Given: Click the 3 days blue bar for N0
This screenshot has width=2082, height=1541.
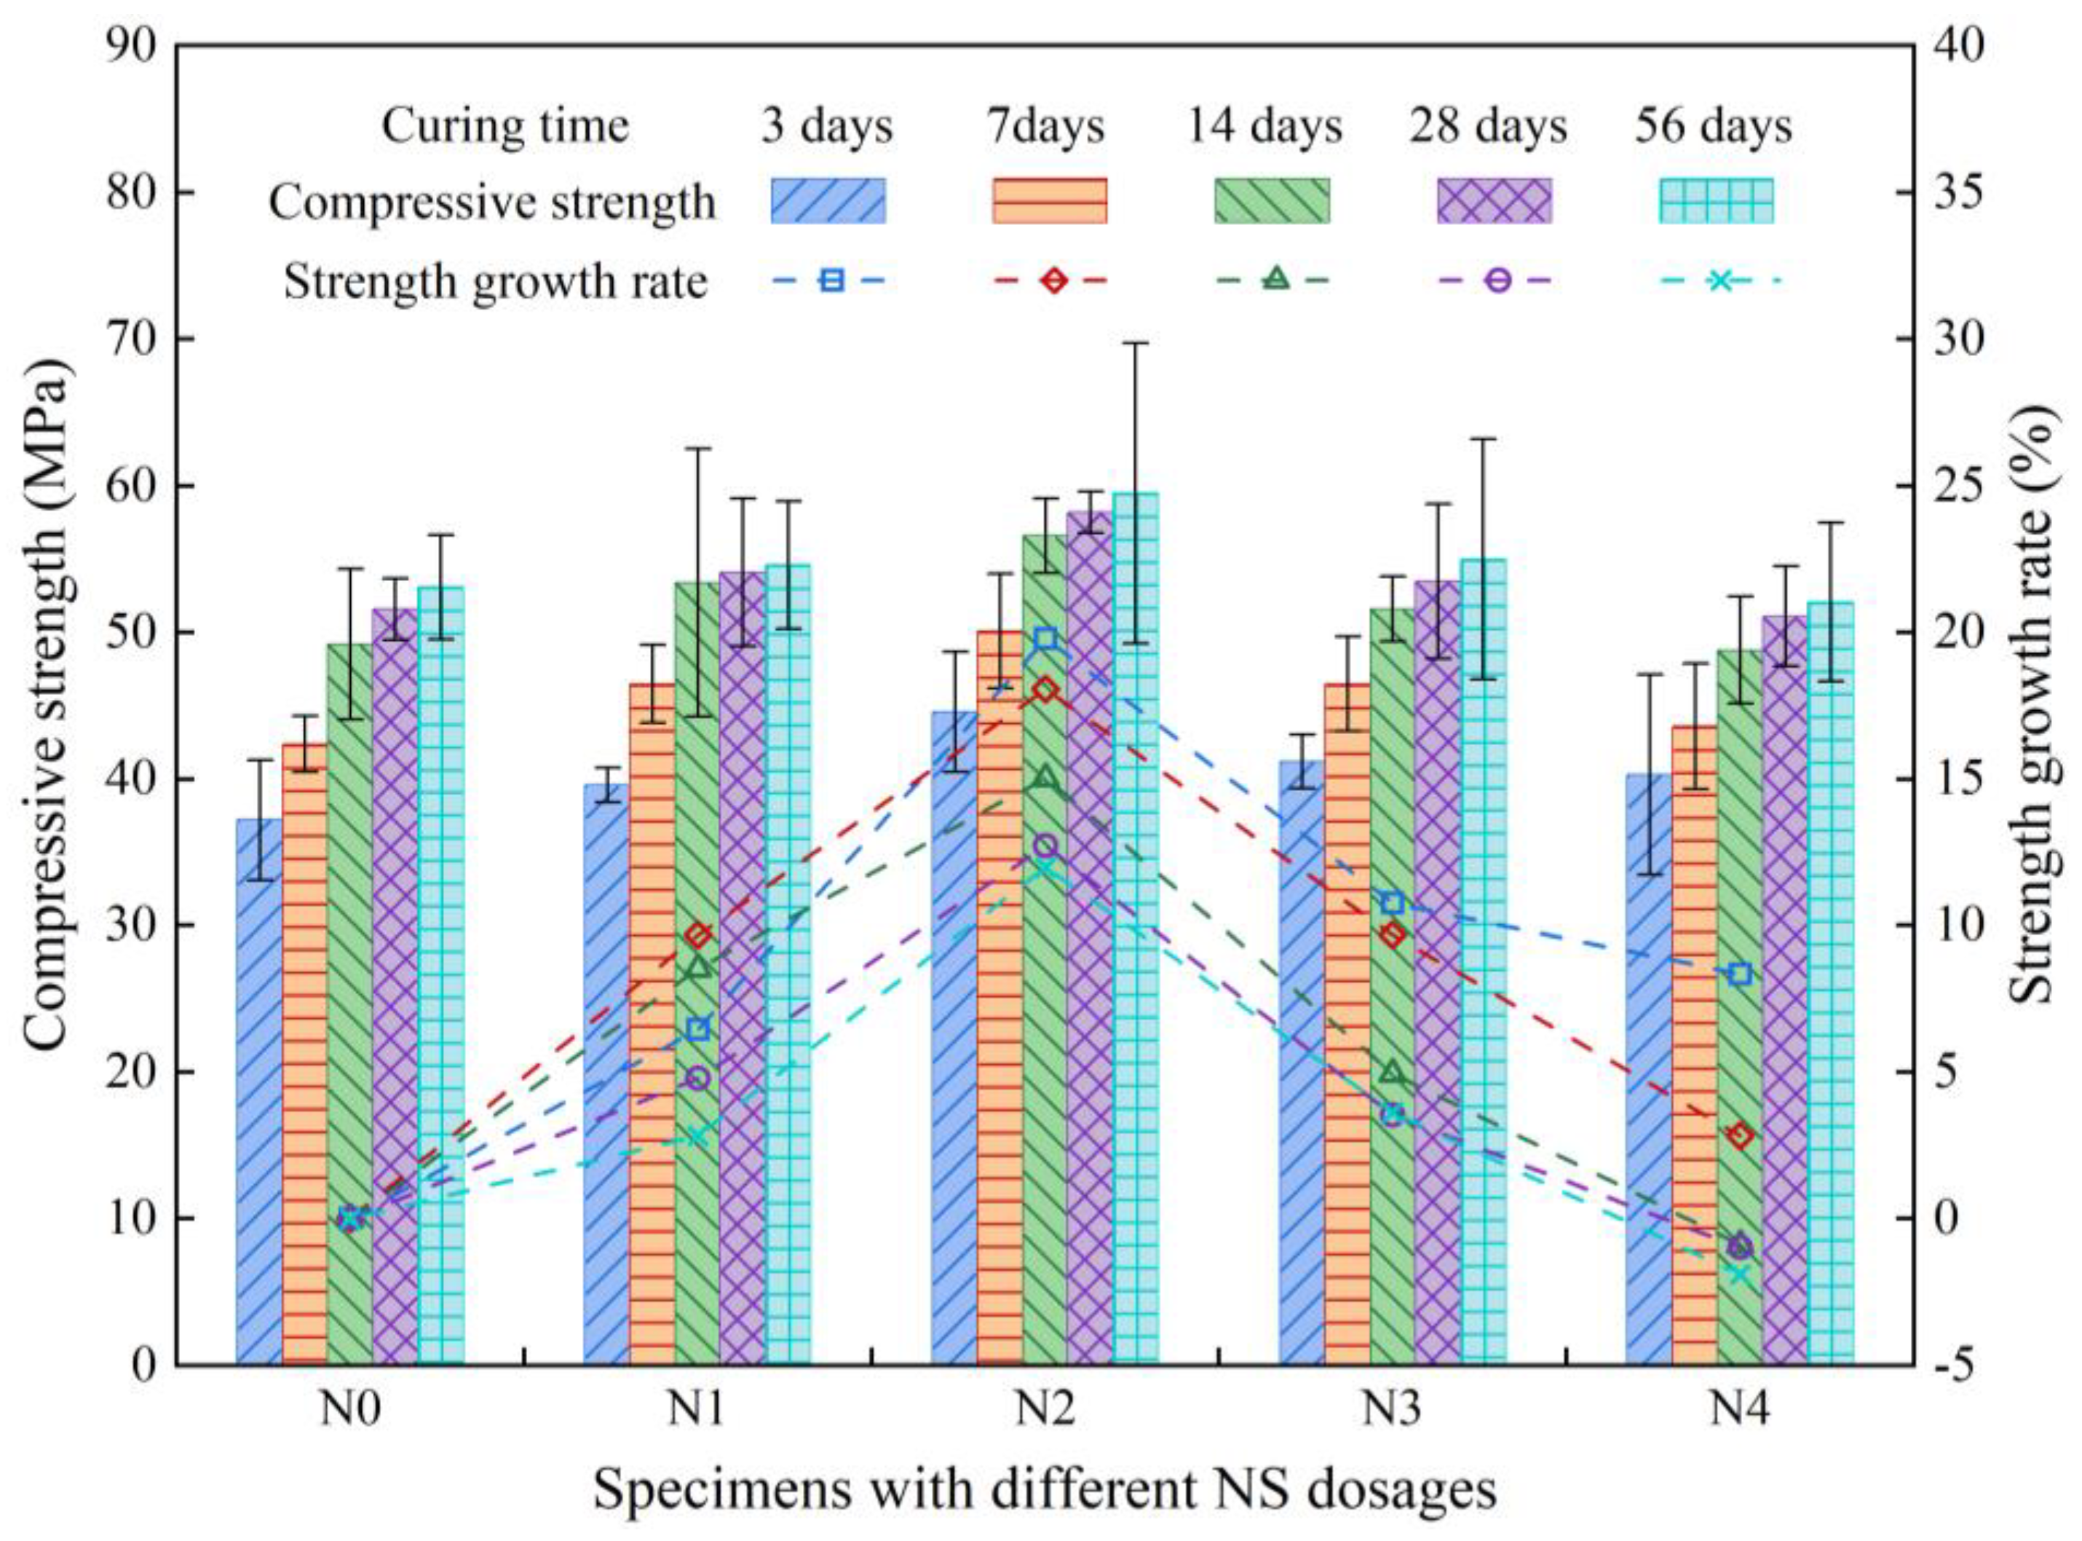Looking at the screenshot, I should [x=258, y=1092].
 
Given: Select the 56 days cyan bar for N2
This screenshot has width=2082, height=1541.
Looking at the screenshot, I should [x=1136, y=933].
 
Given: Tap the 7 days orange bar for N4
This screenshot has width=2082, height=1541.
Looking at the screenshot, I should [x=1694, y=1045].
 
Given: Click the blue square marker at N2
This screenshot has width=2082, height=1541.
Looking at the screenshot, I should [x=1045, y=639].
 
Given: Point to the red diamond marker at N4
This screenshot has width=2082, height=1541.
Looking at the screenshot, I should [x=1740, y=1136].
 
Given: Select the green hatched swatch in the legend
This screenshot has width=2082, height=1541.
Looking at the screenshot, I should [x=1271, y=200].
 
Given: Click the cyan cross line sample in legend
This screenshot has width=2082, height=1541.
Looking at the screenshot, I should [x=1720, y=280].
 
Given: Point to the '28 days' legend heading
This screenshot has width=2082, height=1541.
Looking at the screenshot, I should [x=1488, y=126].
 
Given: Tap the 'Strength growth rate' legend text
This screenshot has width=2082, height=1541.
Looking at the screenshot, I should [x=495, y=280].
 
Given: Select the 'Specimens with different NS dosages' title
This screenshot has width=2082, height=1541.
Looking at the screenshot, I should [x=1044, y=1490].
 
